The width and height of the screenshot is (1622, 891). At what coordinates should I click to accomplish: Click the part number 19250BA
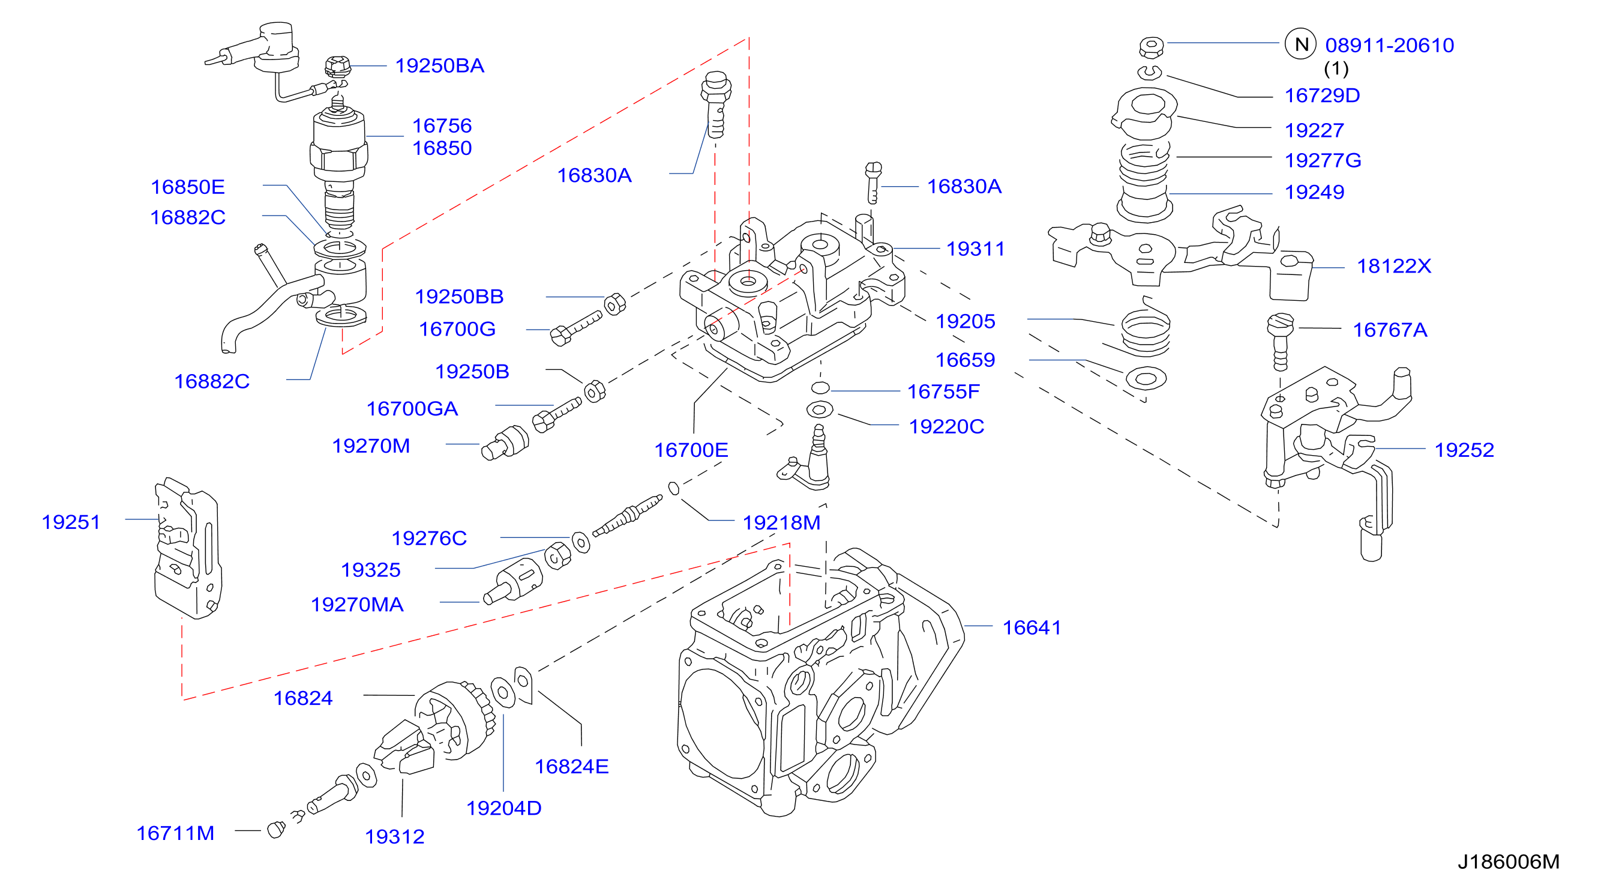(439, 65)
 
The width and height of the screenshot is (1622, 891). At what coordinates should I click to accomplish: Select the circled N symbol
(1300, 44)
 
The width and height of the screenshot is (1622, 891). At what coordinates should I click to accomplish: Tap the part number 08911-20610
(1390, 46)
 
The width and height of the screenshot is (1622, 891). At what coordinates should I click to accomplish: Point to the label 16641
(1032, 627)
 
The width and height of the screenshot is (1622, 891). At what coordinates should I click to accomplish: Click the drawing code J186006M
(1509, 862)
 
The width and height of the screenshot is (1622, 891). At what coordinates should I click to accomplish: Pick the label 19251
(71, 522)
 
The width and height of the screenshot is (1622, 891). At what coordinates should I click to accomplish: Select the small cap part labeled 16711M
(276, 830)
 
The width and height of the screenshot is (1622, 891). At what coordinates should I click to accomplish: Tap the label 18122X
(1393, 266)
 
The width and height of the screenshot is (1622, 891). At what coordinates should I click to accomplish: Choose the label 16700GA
(412, 409)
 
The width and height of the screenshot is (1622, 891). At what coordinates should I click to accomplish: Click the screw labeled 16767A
(1280, 342)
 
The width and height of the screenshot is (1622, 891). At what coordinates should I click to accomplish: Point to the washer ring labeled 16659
(1146, 379)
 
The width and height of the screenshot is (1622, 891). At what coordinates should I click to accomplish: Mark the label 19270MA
(357, 605)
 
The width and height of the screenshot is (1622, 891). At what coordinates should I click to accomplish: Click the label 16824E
(571, 767)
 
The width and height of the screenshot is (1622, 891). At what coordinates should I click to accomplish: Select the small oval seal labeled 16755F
(820, 387)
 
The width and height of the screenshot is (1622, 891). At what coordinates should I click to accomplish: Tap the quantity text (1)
(1336, 68)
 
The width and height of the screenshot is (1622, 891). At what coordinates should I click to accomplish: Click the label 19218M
(781, 522)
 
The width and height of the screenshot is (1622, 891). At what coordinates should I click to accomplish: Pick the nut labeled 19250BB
(614, 304)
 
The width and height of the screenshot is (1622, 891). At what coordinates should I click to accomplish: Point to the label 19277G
(1323, 161)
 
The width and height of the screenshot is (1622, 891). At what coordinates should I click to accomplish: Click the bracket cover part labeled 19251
(188, 548)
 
